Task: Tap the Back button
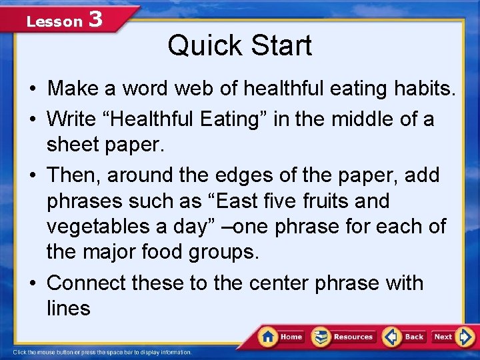coord(405,337)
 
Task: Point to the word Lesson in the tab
coord(53,21)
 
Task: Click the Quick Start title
coord(239,46)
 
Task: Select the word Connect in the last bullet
coord(86,283)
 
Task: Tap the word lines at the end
coord(68,308)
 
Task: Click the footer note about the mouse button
coord(103,352)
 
